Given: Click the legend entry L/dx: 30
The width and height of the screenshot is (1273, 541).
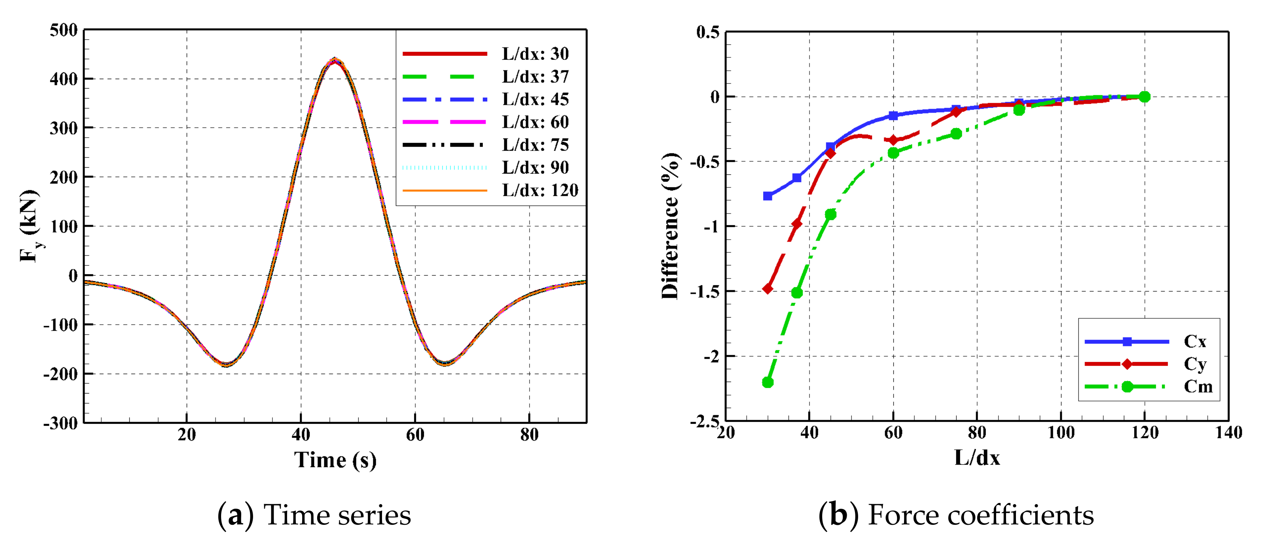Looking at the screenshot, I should (535, 53).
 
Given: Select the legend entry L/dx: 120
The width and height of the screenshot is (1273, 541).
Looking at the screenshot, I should (540, 190).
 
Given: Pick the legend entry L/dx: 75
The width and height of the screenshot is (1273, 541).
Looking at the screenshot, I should (535, 145).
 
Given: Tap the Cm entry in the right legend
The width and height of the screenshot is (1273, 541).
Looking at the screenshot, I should (1198, 386).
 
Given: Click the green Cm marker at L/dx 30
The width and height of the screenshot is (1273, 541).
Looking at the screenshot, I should (768, 382).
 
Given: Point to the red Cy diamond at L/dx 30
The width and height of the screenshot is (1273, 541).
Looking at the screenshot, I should (768, 289).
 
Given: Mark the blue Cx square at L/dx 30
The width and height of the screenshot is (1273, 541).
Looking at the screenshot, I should (768, 196).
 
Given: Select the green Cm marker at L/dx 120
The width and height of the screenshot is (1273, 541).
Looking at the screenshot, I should (1144, 97).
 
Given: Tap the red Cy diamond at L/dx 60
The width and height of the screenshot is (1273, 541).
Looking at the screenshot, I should (893, 140).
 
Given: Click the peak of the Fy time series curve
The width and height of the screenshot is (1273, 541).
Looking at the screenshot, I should (335, 60).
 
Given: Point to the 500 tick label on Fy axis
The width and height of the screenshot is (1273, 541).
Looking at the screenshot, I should (64, 30).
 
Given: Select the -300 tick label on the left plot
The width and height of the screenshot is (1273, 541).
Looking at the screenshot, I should (60, 424).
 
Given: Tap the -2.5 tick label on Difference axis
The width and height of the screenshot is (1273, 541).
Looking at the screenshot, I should (704, 422).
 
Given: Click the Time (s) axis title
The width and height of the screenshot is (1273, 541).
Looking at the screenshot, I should (335, 460).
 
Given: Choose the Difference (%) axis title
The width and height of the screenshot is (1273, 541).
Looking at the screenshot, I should (671, 226).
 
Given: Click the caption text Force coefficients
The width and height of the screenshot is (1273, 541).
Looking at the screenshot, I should (980, 515).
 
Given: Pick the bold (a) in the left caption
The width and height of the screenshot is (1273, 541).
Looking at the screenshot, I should (236, 515).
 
